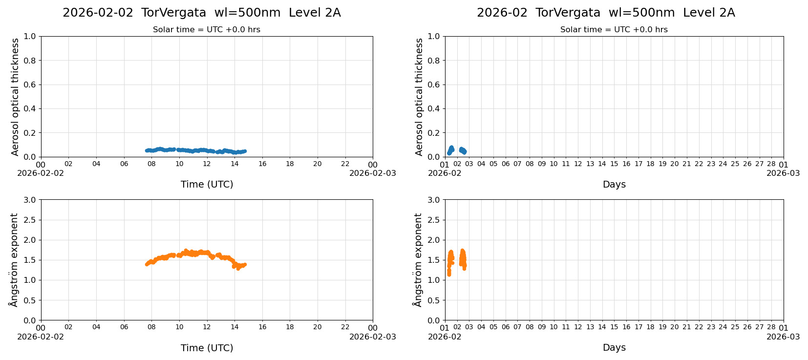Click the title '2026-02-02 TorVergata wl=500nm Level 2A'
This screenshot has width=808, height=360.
point(201,13)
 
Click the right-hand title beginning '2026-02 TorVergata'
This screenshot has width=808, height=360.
point(605,13)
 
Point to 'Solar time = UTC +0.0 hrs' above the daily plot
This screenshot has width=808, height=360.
point(206,30)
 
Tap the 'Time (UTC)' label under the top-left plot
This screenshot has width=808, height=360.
point(207,185)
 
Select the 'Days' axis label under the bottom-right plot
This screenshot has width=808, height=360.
point(614,348)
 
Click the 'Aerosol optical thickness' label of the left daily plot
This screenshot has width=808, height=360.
point(15,97)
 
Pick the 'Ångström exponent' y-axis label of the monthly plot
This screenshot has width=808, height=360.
point(418,260)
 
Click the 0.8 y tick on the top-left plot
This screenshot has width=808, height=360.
point(30,61)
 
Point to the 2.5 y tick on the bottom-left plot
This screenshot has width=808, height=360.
point(30,220)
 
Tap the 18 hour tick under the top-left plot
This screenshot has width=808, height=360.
point(290,164)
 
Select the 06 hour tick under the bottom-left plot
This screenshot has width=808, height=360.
point(124,328)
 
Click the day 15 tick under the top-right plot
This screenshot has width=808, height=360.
point(614,164)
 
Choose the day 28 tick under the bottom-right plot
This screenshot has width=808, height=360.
point(771,328)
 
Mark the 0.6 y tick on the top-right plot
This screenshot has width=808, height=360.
point(434,85)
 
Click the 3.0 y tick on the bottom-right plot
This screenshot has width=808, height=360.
point(434,200)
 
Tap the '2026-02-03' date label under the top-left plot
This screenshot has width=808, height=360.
point(372,173)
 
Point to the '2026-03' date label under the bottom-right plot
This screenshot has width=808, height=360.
point(783,337)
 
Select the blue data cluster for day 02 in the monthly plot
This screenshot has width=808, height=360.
point(463,150)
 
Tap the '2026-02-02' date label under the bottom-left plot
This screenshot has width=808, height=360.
point(41,337)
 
